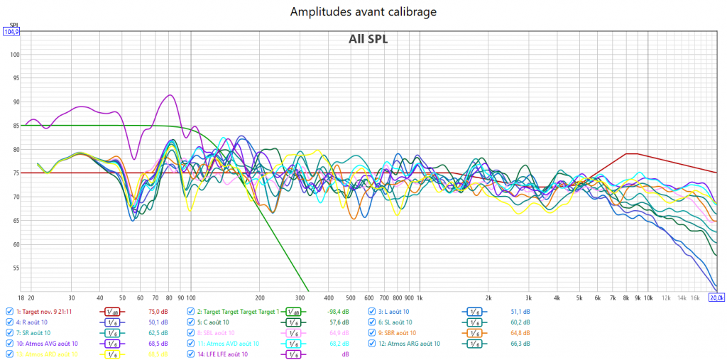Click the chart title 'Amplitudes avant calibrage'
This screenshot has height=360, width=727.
[363, 11]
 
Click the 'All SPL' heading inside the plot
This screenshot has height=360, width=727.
[368, 39]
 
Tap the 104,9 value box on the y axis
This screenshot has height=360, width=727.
[11, 32]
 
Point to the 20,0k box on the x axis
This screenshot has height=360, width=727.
[716, 298]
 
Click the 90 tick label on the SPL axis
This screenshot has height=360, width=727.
[15, 102]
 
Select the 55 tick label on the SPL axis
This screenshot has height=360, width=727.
[15, 268]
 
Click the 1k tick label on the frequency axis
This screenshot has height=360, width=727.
[420, 298]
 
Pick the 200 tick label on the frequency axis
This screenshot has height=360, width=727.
[260, 298]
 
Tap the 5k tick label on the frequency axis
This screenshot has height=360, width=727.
[579, 298]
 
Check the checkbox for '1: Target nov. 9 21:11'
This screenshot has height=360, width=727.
[9, 311]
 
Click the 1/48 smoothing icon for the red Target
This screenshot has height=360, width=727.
[111, 311]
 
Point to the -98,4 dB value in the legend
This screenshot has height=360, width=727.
[337, 311]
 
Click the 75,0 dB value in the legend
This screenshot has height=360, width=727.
[158, 311]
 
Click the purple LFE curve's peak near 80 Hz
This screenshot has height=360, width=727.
[169, 94]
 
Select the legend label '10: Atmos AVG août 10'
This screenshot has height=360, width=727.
[46, 343]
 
